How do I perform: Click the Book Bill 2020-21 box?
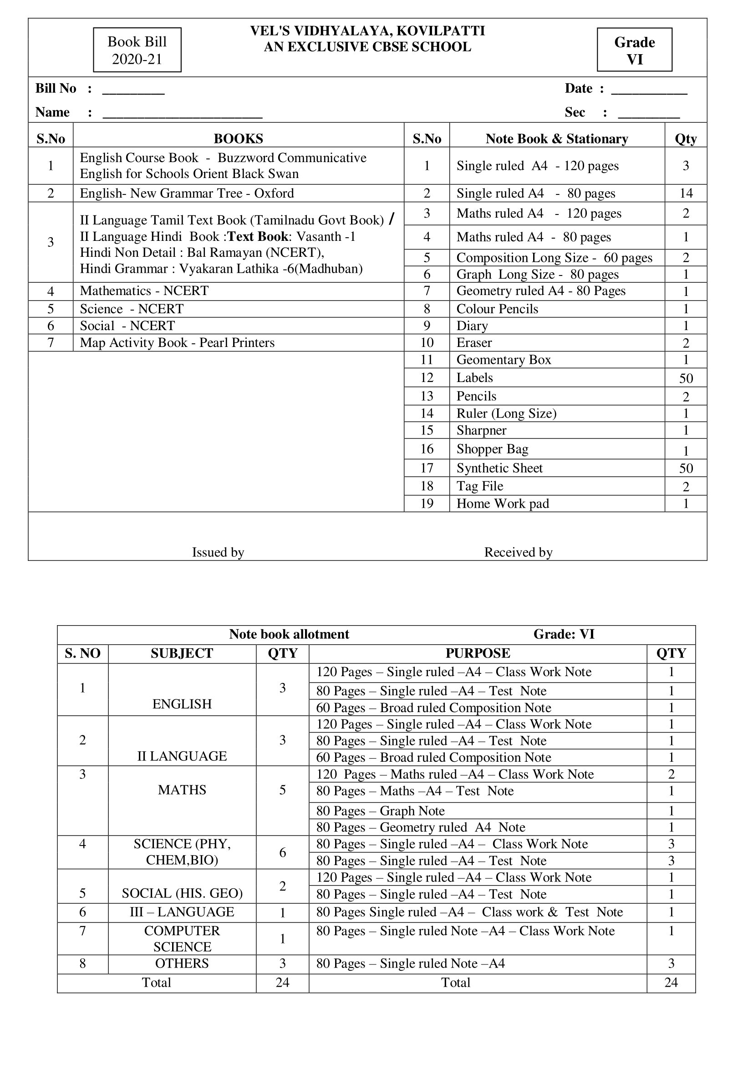137,50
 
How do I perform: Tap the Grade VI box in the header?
634,50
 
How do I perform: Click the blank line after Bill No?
133,90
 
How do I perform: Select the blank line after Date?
649,90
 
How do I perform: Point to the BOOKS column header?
238,138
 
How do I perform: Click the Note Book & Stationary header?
556,138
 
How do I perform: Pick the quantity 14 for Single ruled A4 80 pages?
685,194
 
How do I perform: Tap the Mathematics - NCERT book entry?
144,291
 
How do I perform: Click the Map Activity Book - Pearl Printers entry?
177,343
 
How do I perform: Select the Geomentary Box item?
504,360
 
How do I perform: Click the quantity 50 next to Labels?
685,378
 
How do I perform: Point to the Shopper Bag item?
492,449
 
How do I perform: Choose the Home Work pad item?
503,504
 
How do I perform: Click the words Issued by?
218,552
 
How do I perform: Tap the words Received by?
518,552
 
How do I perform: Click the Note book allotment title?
289,634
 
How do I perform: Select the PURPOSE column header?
478,653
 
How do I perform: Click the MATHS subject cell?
182,790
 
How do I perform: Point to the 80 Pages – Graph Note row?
380,811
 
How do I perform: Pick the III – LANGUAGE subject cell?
182,912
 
